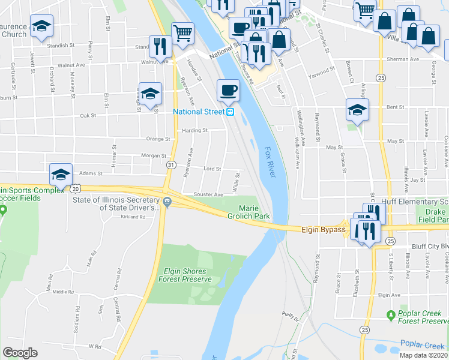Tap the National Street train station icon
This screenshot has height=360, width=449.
coord(229,112)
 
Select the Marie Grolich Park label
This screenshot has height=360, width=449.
coord(252,211)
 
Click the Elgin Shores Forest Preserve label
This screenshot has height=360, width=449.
coord(184,275)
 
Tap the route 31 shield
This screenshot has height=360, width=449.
coord(172,165)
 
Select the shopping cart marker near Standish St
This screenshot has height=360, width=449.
coord(182,32)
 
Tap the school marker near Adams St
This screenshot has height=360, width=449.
coord(61,174)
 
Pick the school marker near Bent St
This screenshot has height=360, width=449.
coord(357,110)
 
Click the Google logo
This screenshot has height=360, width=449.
coord(20,352)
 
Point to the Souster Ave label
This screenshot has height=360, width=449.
coord(208,194)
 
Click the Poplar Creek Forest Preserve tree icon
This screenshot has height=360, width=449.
coord(391,314)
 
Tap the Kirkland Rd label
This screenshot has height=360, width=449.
coord(133,217)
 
